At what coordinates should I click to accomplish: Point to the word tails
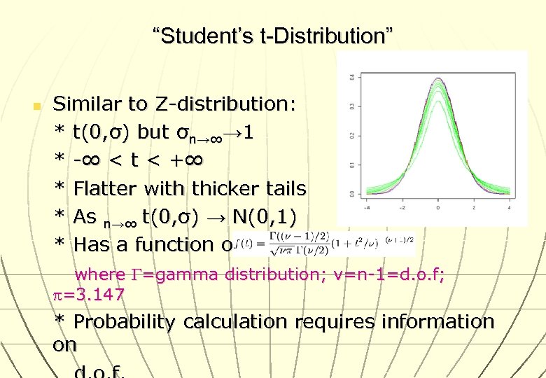[283, 188]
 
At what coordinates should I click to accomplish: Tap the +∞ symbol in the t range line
[185, 160]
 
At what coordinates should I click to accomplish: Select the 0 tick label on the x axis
[437, 208]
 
